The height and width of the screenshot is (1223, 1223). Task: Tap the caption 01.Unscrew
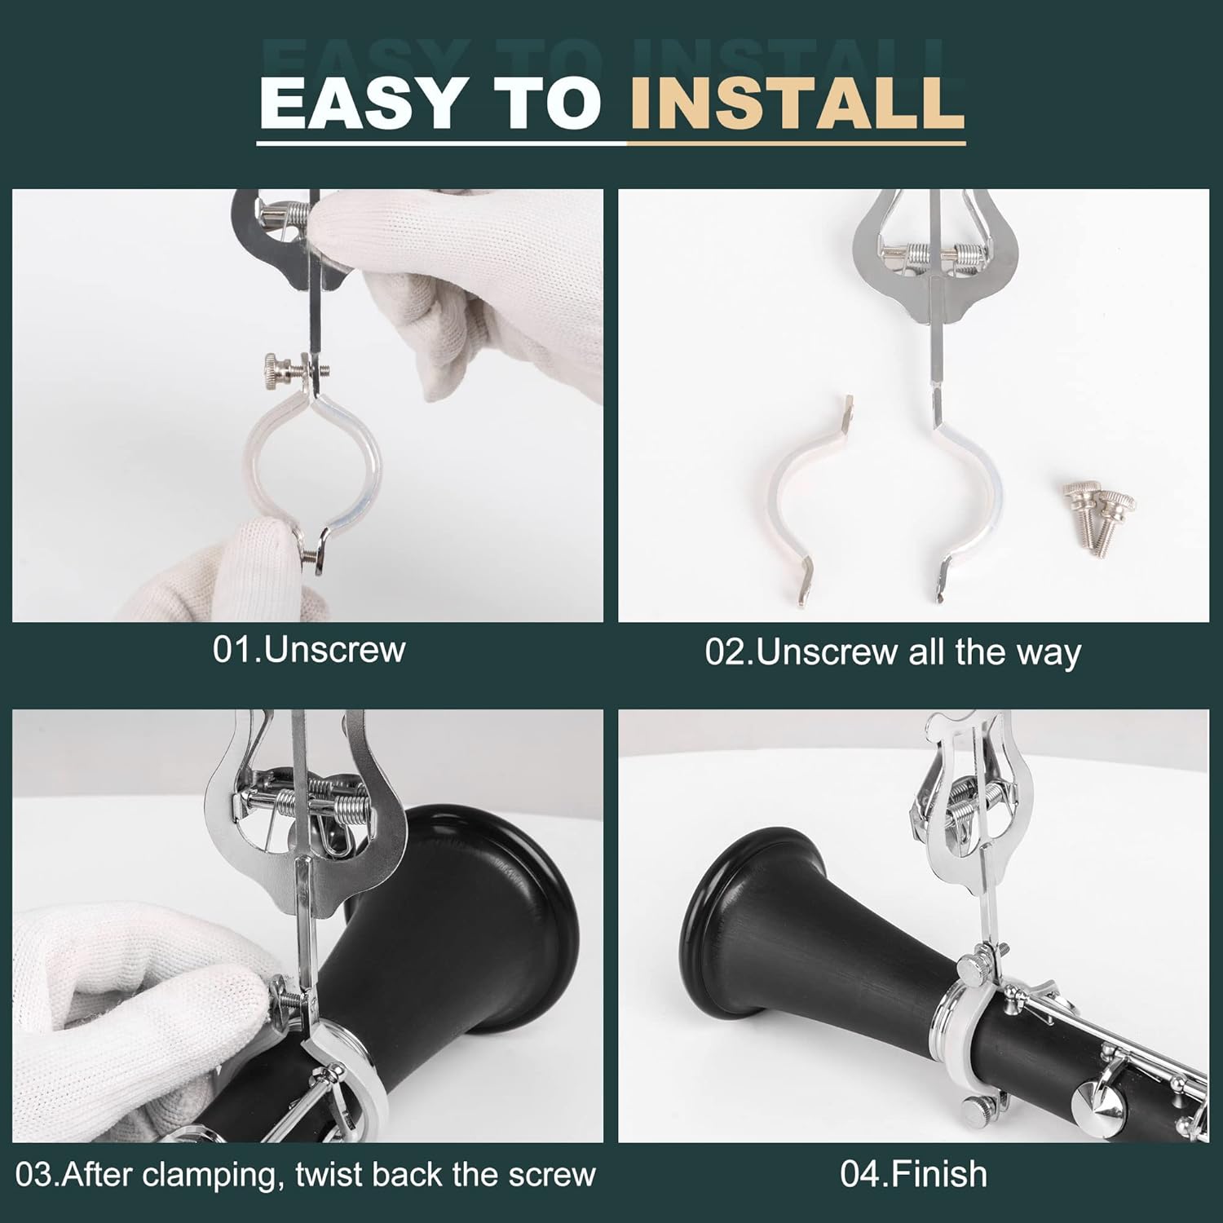[x=309, y=650]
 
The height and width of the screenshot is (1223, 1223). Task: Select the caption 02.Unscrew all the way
[x=893, y=652]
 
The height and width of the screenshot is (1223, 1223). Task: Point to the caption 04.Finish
[x=914, y=1174]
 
